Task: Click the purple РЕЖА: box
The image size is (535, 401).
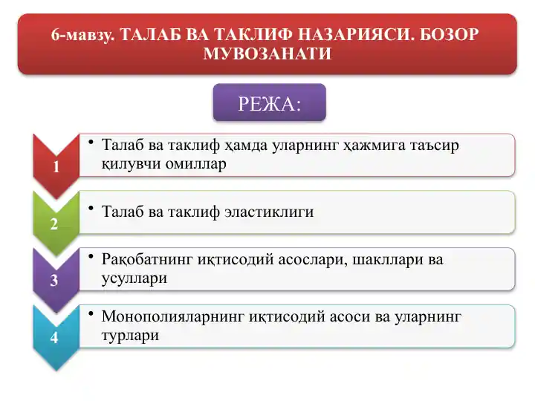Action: (269, 102)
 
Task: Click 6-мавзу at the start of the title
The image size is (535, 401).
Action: (83, 35)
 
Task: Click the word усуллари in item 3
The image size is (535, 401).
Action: (134, 279)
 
